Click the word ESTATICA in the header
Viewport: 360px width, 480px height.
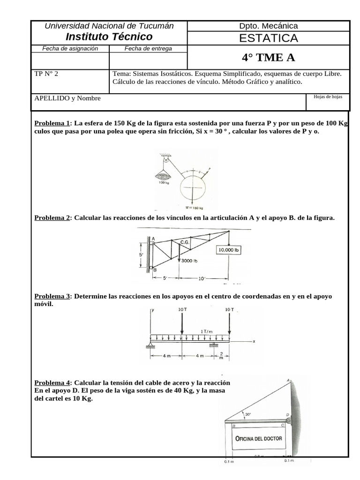tap(268, 38)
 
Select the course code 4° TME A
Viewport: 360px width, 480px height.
tap(268, 58)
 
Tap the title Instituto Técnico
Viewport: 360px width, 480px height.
tap(109, 37)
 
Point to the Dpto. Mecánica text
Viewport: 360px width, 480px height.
tap(268, 26)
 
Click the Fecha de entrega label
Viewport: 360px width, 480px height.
tap(148, 48)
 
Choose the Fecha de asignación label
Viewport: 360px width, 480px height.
tap(70, 48)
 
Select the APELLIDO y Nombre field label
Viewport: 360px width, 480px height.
tap(67, 98)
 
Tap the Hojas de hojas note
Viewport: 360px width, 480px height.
tap(328, 97)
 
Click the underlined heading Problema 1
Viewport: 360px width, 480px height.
tap(52, 123)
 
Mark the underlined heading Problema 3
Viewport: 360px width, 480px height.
tap(52, 296)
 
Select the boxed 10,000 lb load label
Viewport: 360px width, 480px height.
tap(228, 250)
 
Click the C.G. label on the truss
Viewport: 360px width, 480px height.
tap(184, 242)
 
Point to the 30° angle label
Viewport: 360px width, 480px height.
tap(247, 414)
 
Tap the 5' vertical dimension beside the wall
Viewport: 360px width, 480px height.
tap(141, 255)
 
